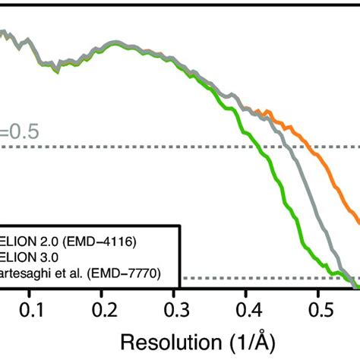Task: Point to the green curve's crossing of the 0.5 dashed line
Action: coord(262,147)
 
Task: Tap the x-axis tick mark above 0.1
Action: coord(31,295)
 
